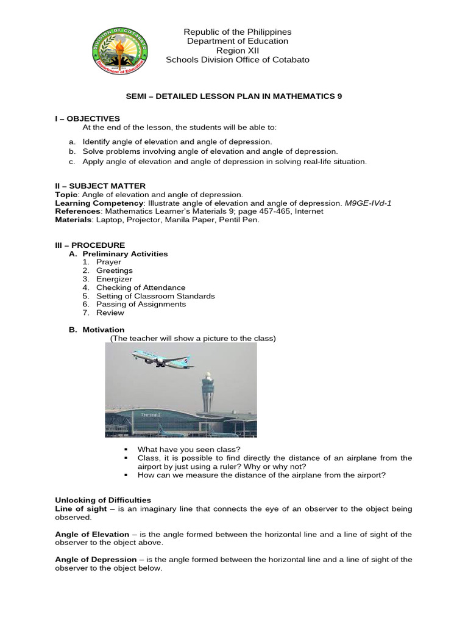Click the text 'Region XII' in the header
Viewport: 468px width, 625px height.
coord(238,50)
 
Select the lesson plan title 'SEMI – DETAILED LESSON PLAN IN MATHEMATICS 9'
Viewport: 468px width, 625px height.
coord(238,96)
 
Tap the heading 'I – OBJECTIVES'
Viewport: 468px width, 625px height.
coord(88,118)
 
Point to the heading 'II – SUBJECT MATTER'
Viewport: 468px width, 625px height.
coord(100,186)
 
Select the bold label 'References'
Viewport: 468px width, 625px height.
coord(76,211)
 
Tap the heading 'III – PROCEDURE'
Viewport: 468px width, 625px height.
coord(90,245)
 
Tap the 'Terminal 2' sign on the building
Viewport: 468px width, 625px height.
coord(151,414)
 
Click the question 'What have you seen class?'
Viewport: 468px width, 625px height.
coord(189,449)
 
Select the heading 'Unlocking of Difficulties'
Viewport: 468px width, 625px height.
coord(103,500)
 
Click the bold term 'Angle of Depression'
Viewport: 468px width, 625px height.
coord(96,559)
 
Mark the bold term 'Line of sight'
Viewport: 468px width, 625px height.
coord(79,508)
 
